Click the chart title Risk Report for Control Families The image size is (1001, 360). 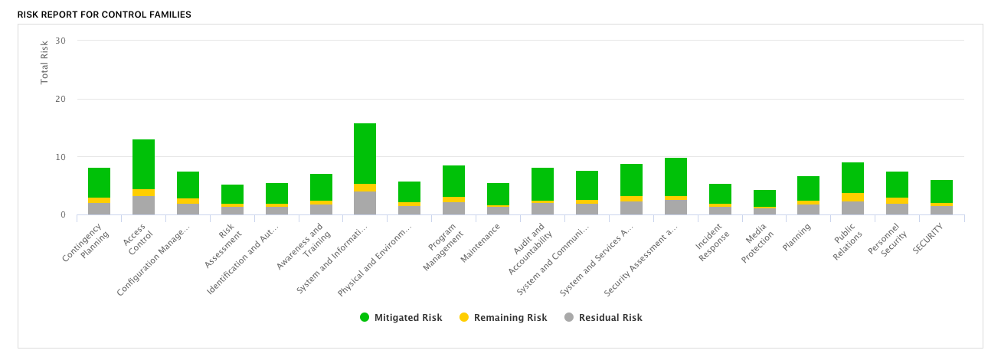[x=104, y=15]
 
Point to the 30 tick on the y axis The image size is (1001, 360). [x=61, y=41]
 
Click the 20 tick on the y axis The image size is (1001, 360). [x=61, y=99]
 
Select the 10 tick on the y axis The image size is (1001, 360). [x=61, y=157]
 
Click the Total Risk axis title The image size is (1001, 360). [x=44, y=62]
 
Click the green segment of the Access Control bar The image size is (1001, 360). [x=143, y=164]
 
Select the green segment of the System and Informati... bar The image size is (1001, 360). [x=365, y=153]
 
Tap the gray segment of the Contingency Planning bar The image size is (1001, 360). [x=99, y=208]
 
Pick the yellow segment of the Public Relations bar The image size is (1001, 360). [x=852, y=197]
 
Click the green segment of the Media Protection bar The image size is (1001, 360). [x=764, y=198]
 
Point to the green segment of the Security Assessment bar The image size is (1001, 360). [x=676, y=177]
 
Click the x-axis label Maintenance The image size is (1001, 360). [x=481, y=243]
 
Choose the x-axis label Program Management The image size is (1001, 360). [x=443, y=247]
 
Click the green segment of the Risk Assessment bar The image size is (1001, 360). [x=232, y=194]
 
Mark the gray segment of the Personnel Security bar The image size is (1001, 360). [x=897, y=208]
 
